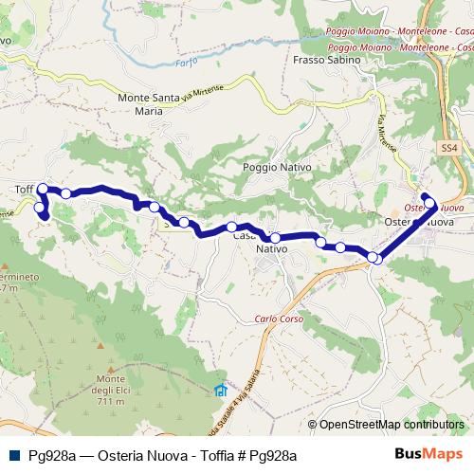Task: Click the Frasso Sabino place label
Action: (328, 59)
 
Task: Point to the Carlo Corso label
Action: (278, 319)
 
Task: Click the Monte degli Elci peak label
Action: (110, 385)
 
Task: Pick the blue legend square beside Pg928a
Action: (13, 455)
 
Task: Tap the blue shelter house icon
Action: (221, 390)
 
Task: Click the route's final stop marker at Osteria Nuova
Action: (428, 199)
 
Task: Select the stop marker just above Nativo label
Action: (275, 238)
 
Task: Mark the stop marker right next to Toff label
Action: (42, 189)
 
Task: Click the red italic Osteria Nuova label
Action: (432, 207)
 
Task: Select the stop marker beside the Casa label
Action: (231, 227)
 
